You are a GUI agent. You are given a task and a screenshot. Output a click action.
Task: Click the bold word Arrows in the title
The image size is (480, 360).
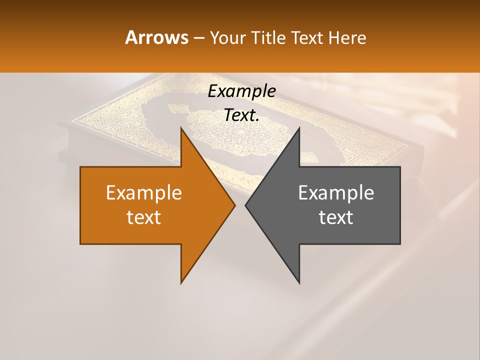(x=156, y=37)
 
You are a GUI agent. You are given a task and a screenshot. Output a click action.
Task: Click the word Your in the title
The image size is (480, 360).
(x=228, y=38)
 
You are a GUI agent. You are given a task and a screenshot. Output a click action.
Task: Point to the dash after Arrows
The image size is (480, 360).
(x=199, y=38)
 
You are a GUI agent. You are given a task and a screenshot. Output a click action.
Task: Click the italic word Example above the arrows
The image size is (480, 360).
(x=242, y=91)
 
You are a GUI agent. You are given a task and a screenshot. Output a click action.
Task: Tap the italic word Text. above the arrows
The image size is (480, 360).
(x=242, y=115)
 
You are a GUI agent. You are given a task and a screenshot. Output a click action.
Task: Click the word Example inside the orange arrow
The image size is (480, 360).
(x=144, y=192)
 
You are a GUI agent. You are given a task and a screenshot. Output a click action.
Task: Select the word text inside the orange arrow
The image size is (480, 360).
(x=144, y=217)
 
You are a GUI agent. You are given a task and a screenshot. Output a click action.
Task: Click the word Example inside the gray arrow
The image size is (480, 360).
(x=336, y=192)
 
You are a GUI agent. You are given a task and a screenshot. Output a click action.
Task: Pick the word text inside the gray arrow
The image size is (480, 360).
(x=336, y=217)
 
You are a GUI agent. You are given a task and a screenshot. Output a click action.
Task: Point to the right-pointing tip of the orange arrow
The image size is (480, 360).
(x=235, y=205)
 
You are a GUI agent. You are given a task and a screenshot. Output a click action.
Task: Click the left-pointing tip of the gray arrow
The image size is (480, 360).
(x=245, y=205)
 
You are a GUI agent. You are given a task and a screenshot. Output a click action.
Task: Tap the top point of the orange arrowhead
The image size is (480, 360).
(x=181, y=128)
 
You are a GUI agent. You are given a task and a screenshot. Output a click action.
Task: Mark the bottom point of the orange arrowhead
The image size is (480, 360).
(x=181, y=283)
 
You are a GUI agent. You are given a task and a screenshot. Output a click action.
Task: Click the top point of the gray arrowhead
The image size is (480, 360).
(x=299, y=128)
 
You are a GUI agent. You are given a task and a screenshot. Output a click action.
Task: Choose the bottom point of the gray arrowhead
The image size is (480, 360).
(x=299, y=283)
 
